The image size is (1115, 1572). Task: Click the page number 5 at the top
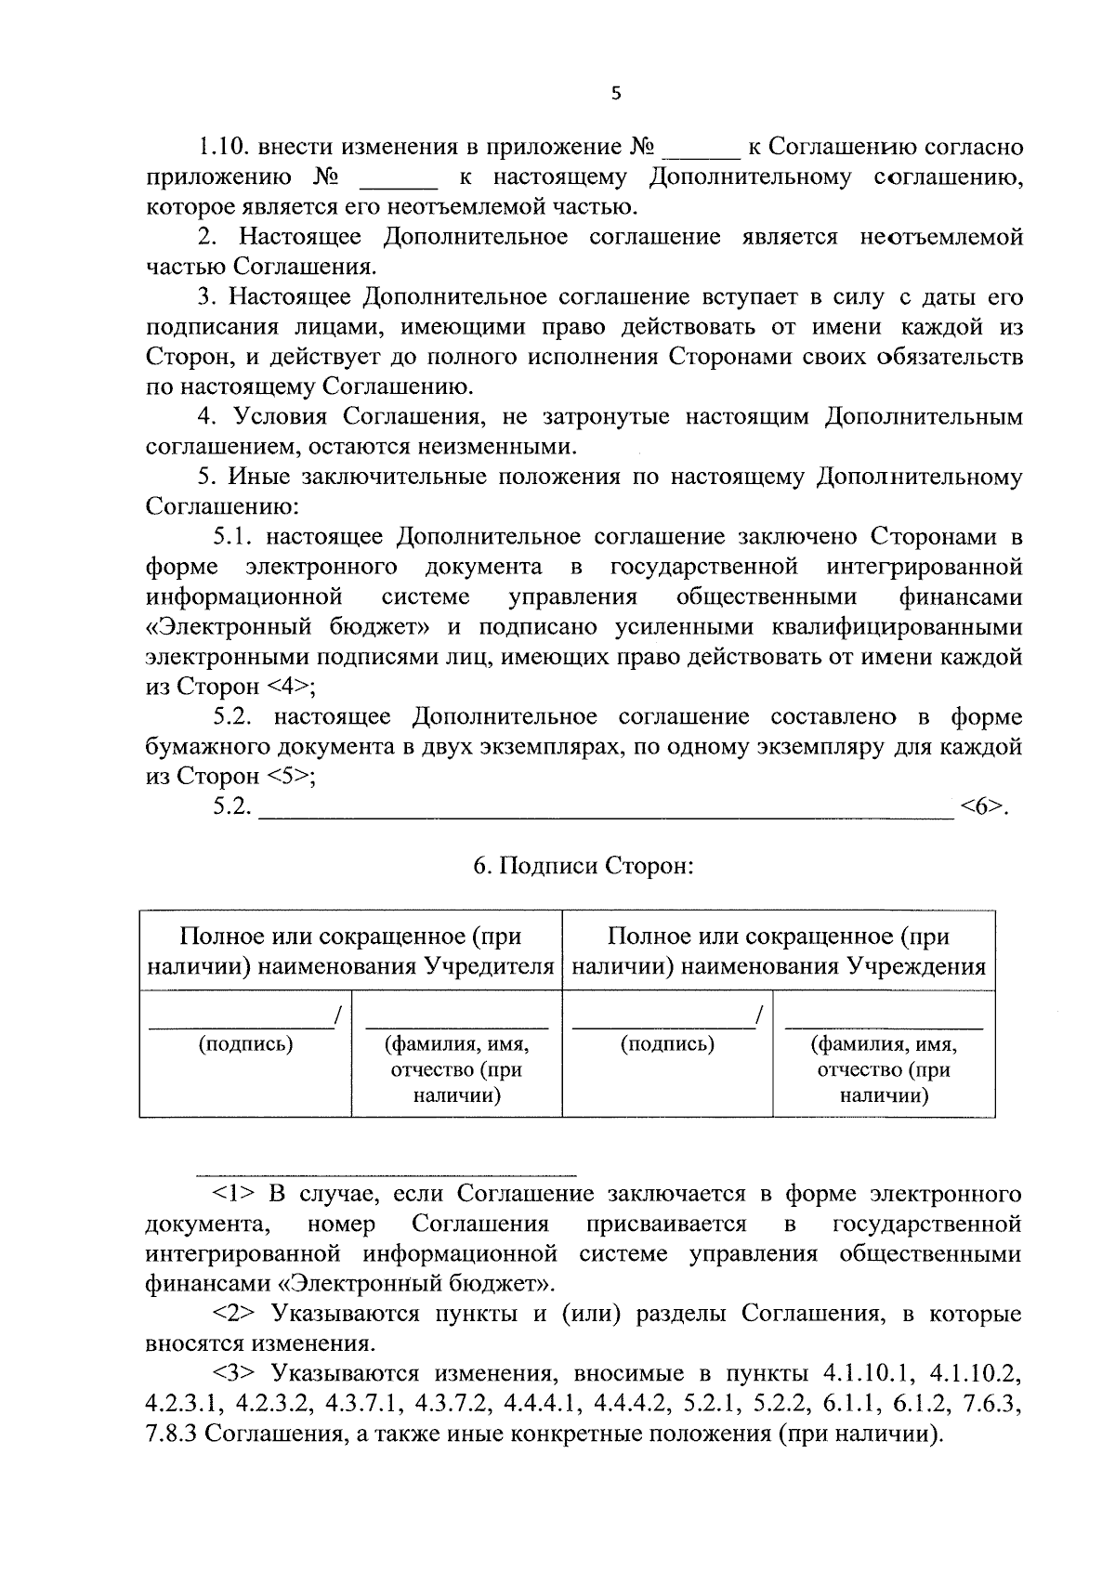pos(615,93)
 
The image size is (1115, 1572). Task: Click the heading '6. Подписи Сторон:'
pos(584,867)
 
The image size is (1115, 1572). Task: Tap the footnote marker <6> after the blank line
pos(983,806)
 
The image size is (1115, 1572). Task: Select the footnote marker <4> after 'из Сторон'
pos(289,688)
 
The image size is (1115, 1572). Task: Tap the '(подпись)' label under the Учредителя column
pos(245,1044)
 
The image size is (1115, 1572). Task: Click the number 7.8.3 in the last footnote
pos(171,1434)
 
